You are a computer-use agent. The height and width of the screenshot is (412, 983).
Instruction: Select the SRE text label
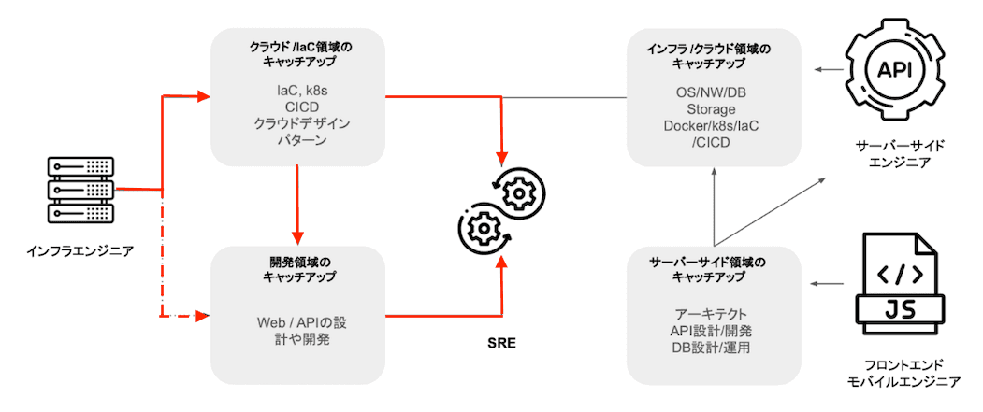point(501,343)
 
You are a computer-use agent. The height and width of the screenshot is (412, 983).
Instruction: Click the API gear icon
point(892,70)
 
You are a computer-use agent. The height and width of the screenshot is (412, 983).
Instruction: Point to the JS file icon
point(897,282)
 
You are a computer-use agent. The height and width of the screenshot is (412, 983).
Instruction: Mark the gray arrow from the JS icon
point(829,283)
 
